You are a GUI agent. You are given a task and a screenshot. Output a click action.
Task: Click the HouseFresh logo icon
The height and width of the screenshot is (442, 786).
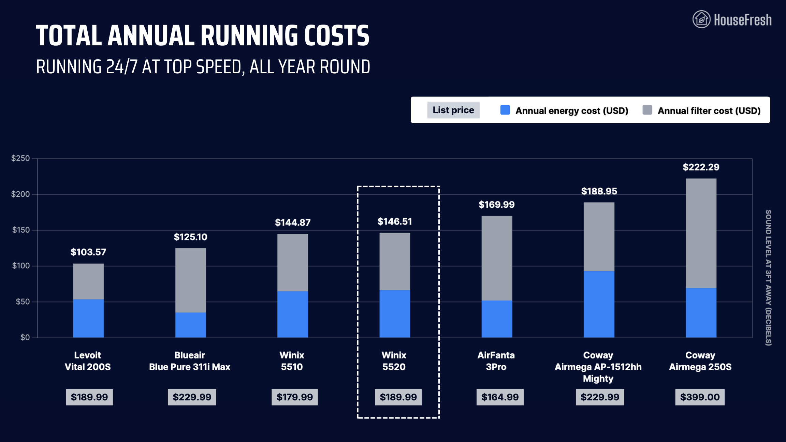pos(701,19)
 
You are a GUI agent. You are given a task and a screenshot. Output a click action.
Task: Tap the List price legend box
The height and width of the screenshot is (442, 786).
pos(453,110)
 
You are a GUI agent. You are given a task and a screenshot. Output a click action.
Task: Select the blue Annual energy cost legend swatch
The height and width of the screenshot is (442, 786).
pos(505,110)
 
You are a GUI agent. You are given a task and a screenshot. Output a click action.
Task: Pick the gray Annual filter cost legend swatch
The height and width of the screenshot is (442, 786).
pos(647,110)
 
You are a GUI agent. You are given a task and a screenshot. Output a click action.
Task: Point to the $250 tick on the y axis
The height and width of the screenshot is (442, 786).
pos(20,158)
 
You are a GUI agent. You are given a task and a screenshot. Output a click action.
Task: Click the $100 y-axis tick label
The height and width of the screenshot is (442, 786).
pos(21,266)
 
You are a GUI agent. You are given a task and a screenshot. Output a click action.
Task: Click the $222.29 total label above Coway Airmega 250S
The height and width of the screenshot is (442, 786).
pos(701,167)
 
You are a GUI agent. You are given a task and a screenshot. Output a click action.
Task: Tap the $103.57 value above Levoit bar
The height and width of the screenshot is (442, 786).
pos(88,252)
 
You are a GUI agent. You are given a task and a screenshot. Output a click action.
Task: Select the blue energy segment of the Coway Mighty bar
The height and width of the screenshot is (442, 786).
pos(599,304)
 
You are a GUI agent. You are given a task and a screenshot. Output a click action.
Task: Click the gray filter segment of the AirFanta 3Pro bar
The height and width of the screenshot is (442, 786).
pos(497,258)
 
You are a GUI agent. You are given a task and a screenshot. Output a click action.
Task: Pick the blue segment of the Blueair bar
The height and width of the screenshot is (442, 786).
pos(190,325)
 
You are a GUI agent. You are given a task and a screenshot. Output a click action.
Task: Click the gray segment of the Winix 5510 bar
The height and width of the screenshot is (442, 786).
pos(292,262)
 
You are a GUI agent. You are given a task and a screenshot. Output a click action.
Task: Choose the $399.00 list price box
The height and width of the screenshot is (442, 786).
pos(700,397)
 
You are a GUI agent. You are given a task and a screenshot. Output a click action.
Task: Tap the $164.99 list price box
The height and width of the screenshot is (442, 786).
pos(500,397)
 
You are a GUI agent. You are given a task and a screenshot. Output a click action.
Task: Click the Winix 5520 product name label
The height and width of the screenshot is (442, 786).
pos(394,361)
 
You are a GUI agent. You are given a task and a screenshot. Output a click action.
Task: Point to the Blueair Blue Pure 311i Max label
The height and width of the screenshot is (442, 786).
pos(190,361)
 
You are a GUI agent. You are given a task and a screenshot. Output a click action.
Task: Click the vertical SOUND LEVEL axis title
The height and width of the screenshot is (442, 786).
pos(768,278)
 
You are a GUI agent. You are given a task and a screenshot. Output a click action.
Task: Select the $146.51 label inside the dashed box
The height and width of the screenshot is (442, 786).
pos(394,222)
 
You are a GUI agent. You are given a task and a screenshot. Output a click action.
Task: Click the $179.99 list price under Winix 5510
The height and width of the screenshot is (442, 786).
pos(294,397)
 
